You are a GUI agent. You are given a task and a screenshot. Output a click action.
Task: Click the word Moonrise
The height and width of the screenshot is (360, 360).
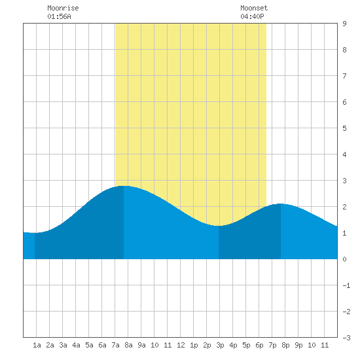tap(63, 8)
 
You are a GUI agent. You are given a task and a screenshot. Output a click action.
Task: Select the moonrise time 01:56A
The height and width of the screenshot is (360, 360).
tap(59, 16)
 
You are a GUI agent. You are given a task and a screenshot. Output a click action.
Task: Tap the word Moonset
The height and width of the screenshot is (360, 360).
tap(254, 8)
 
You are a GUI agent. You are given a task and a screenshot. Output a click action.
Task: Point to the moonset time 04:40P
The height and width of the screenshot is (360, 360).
tap(252, 16)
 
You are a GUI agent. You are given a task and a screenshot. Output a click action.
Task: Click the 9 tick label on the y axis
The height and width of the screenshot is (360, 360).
tap(344, 24)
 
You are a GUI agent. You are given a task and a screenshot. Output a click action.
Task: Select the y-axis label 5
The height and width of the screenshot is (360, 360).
tap(344, 128)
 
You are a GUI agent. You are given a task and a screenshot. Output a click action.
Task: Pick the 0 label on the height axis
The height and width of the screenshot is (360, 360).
tap(344, 259)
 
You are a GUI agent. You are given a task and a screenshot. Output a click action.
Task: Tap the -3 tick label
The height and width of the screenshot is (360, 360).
tap(346, 338)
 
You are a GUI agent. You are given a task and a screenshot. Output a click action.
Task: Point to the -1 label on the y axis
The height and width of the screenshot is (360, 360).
tap(346, 285)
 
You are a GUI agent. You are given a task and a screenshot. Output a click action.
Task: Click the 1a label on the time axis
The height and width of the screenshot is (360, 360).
tap(37, 345)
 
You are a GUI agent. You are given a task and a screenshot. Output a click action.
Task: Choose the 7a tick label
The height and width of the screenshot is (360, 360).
tap(115, 345)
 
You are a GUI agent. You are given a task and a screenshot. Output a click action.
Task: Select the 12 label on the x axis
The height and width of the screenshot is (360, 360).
tap(181, 345)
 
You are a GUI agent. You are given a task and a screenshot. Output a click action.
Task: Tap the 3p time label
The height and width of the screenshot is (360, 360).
tap(220, 345)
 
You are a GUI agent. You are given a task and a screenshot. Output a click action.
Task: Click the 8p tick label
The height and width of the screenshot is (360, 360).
tap(285, 345)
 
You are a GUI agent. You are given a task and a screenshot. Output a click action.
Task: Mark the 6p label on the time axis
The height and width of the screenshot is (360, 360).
tap(259, 345)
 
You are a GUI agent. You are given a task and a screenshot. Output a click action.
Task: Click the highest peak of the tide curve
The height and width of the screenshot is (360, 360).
tap(124, 186)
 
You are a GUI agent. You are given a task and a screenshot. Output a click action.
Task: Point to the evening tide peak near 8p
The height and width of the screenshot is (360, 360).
tap(280, 204)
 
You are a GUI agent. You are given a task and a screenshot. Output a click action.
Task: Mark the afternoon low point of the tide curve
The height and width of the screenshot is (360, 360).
tap(219, 226)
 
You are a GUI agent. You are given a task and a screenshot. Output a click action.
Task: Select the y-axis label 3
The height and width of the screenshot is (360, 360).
tap(344, 181)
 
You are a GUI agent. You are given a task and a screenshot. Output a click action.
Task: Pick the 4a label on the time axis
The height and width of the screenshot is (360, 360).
tap(76, 345)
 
